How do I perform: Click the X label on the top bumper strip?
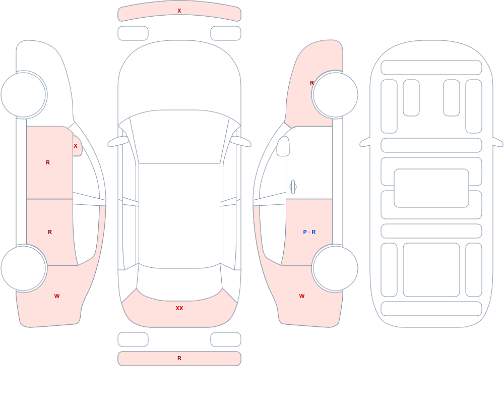[x=179, y=11]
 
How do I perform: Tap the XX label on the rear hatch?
[x=179, y=308]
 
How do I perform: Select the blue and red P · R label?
[x=309, y=232]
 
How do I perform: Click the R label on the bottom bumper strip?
[x=179, y=358]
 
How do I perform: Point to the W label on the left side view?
[x=57, y=296]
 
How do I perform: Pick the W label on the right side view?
[x=302, y=296]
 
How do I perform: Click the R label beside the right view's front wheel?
[x=312, y=83]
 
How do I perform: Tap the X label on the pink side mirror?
[x=76, y=146]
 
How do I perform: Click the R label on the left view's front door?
[x=48, y=162]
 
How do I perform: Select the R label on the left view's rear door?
[x=50, y=232]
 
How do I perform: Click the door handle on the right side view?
[x=293, y=187]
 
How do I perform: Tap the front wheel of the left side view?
[x=24, y=95]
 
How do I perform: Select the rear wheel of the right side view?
[x=335, y=268]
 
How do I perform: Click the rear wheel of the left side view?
[x=24, y=268]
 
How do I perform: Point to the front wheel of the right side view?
[x=335, y=95]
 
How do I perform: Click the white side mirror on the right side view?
[x=283, y=146]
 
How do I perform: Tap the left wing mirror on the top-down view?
[x=118, y=142]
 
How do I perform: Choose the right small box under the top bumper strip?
[x=226, y=33]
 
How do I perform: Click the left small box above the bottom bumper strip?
[x=133, y=339]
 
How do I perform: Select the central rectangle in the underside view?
[x=431, y=188]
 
